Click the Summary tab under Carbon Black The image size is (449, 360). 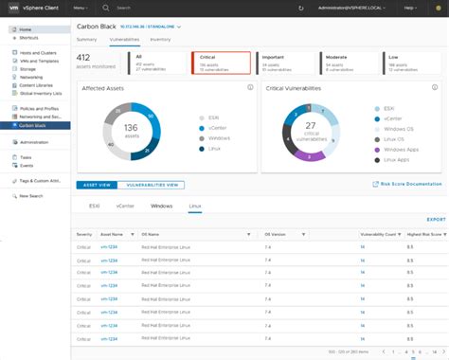tap(86, 40)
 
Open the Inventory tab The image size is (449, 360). tap(161, 40)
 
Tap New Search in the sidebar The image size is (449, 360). tap(31, 196)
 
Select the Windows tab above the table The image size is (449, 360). tap(161, 206)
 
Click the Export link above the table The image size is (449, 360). tap(436, 219)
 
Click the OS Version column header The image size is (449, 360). tap(275, 233)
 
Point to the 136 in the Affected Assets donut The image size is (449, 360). tap(132, 127)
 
